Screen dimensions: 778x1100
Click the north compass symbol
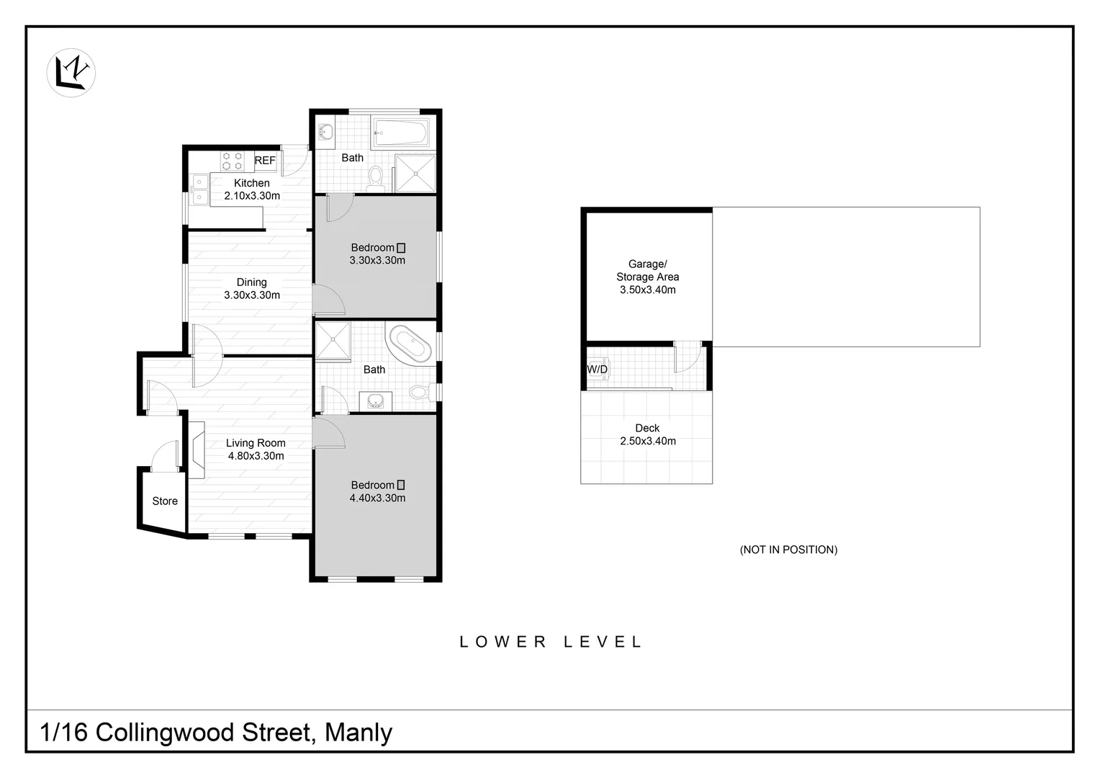(x=71, y=73)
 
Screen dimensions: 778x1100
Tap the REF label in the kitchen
(x=264, y=161)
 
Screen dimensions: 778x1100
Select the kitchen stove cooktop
(x=231, y=160)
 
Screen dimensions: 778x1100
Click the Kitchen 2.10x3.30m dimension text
(x=251, y=195)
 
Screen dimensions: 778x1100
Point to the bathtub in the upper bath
(x=401, y=133)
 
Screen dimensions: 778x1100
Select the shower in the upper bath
(x=415, y=174)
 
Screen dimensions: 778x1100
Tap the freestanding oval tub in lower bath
(x=409, y=344)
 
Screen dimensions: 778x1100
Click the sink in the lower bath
(x=374, y=401)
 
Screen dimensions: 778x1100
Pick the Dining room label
(x=251, y=282)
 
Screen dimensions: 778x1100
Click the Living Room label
(x=256, y=443)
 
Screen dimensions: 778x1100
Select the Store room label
(x=164, y=501)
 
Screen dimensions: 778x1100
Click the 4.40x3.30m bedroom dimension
(x=377, y=498)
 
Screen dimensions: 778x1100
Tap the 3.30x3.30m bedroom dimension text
(x=377, y=260)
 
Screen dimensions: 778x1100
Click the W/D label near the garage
(x=597, y=370)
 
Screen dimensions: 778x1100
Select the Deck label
(x=647, y=428)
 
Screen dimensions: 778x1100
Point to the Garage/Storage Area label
(x=647, y=270)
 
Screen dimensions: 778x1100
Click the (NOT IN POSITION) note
(x=788, y=550)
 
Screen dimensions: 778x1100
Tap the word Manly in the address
(x=359, y=733)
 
